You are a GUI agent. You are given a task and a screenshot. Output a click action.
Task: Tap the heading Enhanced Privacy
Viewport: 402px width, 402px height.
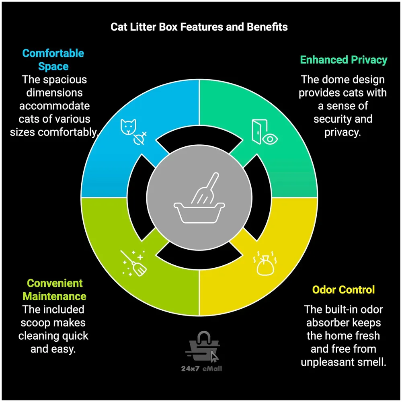(344, 60)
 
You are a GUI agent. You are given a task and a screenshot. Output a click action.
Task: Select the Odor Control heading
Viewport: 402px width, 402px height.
(343, 289)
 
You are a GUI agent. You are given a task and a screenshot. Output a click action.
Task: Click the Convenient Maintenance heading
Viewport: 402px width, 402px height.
(54, 290)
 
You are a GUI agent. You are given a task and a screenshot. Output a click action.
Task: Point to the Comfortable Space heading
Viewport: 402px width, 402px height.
(53, 59)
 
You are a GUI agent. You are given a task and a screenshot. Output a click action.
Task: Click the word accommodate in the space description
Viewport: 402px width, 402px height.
(54, 106)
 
